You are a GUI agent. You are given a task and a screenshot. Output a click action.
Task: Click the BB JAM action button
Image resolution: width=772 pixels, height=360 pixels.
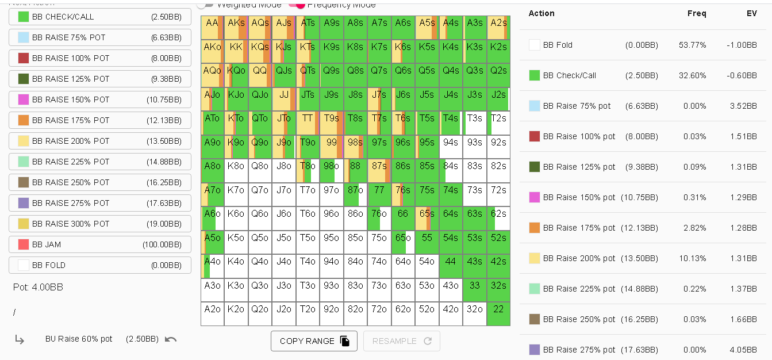100,244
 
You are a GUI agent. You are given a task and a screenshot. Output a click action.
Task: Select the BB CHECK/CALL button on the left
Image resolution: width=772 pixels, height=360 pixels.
100,17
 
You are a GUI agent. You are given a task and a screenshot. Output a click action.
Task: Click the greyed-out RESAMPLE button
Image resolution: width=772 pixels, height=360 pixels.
401,341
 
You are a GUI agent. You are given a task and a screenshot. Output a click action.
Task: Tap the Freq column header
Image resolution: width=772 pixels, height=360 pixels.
697,13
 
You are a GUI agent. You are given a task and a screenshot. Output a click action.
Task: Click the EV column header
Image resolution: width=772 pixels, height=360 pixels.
751,13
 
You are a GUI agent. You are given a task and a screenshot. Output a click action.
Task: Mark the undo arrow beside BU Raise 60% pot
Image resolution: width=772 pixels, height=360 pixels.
171,339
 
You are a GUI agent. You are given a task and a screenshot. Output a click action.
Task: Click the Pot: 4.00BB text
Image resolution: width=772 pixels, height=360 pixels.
38,287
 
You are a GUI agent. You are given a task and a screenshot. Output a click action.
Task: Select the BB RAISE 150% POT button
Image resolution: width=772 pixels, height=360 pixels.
100,99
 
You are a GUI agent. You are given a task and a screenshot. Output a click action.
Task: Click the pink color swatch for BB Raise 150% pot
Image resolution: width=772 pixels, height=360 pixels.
535,197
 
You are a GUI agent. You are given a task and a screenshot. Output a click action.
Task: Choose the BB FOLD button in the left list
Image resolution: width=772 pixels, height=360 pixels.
100,265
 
